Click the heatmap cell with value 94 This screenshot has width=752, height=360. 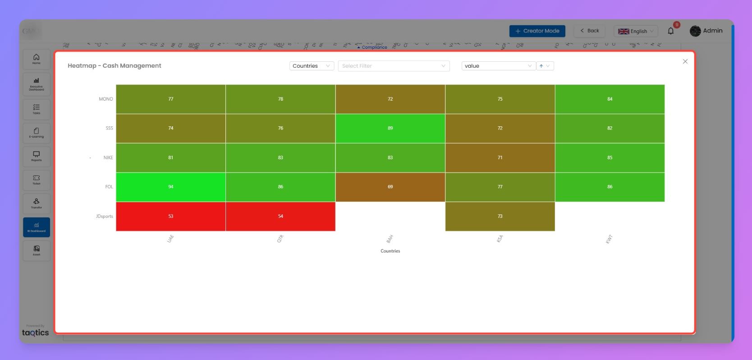(x=170, y=187)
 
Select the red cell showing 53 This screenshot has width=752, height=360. (x=170, y=216)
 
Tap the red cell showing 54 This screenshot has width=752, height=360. (x=280, y=216)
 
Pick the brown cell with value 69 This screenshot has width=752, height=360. (x=390, y=187)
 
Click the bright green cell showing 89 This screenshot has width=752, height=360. (x=390, y=128)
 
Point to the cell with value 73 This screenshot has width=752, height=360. (x=500, y=216)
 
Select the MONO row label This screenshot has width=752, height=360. (x=106, y=99)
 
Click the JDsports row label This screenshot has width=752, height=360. (x=104, y=217)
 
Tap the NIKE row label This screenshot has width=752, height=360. (x=108, y=158)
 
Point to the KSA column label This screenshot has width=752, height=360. (x=500, y=239)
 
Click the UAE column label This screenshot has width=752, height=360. (x=170, y=239)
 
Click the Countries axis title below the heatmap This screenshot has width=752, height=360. (x=390, y=251)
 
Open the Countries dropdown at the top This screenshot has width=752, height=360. (x=311, y=66)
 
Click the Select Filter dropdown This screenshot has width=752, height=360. (x=394, y=66)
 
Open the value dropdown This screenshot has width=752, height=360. (x=498, y=66)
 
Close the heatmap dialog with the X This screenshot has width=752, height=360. (x=685, y=61)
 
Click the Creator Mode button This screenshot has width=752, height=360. (x=537, y=31)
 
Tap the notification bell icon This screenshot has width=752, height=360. (x=671, y=31)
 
